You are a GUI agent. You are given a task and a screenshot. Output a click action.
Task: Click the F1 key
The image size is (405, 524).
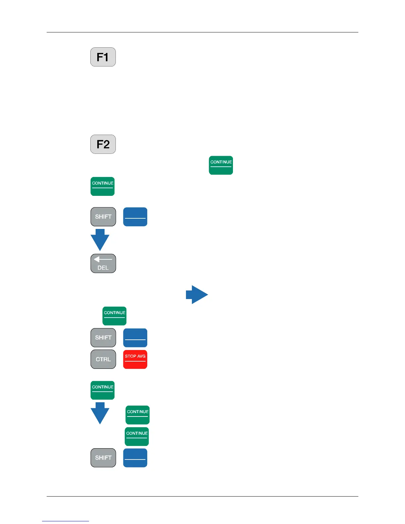coord(103,57)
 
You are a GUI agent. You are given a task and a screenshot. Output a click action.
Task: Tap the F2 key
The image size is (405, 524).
coord(103,144)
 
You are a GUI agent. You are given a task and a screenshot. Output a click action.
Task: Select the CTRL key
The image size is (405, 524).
coord(103,359)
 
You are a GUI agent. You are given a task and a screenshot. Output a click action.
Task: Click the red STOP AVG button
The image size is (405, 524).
coord(135,359)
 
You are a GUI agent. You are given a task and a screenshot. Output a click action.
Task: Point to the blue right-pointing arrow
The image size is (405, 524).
coord(197,294)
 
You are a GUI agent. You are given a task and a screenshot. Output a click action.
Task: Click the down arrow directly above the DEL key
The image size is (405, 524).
coord(100,240)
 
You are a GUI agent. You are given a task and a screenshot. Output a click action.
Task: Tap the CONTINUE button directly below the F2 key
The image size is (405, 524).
coord(103,186)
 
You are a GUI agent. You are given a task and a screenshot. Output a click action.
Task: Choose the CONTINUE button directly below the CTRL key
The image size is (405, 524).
coord(103,390)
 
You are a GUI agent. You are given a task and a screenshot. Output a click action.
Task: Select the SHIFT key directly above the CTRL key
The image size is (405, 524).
coord(103,338)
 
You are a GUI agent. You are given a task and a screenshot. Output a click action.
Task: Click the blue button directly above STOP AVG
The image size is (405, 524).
coord(135,338)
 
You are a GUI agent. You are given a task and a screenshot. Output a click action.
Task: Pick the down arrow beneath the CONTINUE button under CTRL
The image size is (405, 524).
coord(100,413)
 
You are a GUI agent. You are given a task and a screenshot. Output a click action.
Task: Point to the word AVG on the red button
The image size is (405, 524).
coord(141,356)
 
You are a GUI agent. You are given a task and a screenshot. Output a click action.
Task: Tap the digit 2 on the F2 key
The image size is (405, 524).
coord(107,145)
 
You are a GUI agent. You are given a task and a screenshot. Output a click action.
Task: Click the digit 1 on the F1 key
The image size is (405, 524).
coord(106,57)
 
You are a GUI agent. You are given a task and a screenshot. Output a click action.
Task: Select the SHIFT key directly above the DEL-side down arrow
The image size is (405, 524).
coord(103,217)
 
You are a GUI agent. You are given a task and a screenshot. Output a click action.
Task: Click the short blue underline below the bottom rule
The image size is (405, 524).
coord(66,521)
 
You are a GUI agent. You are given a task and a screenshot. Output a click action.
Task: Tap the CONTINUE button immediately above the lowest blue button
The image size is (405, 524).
coord(137,436)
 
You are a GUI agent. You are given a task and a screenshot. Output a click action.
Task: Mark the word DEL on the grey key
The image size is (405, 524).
coord(103,268)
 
